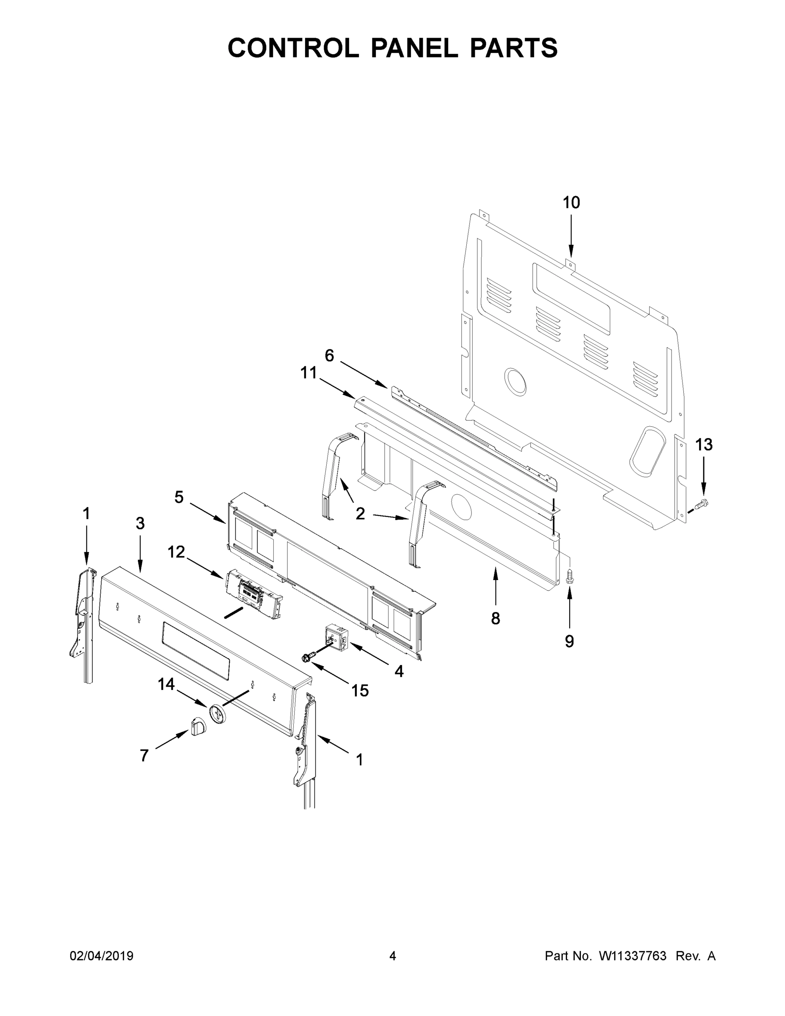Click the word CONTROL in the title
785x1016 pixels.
coord(293,47)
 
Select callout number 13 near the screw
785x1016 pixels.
coord(704,445)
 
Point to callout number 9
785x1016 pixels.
coord(569,641)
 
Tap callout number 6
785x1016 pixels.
coord(329,356)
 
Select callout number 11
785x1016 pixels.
coord(308,373)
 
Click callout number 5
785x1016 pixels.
coord(179,497)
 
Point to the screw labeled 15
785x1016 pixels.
coord(307,657)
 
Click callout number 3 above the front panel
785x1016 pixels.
coord(140,524)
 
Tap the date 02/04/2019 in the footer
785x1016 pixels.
coord(102,955)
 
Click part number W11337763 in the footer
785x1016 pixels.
coord(633,955)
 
